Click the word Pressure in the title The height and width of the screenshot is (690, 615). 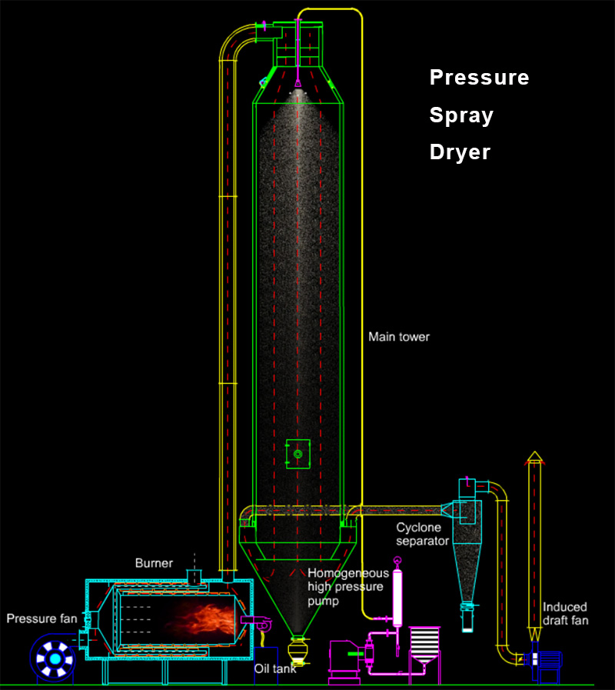pos(479,78)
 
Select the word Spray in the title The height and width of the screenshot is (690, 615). pos(460,116)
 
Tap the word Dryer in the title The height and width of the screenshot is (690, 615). pos(460,152)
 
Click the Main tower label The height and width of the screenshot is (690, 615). pos(399,337)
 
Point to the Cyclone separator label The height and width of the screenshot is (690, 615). pos(422,534)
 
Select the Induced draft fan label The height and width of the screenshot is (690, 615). pos(565,613)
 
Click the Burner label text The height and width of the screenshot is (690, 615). pos(155,562)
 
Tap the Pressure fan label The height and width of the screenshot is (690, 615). pos(42,618)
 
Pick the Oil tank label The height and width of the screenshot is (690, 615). pos(275,668)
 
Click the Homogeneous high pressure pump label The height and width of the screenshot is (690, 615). pos(348,587)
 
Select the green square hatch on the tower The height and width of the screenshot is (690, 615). pos(298,454)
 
